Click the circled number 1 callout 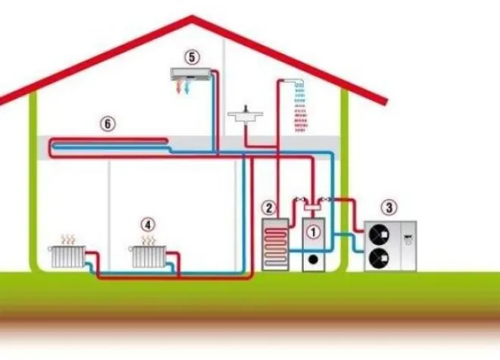[313, 232]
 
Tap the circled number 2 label [269, 208]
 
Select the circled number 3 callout [389, 208]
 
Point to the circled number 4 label [148, 224]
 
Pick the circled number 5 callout [192, 57]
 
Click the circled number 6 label [108, 124]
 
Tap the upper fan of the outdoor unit [379, 235]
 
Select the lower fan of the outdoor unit [379, 258]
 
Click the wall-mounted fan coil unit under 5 [191, 74]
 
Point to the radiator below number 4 [148, 257]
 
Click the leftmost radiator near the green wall [67, 257]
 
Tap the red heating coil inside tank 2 [275, 246]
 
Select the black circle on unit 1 [314, 259]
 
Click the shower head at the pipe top [299, 83]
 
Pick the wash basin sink [245, 116]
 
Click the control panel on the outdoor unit [408, 239]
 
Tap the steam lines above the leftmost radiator [68, 239]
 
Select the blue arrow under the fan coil [188, 87]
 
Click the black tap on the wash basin [245, 108]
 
